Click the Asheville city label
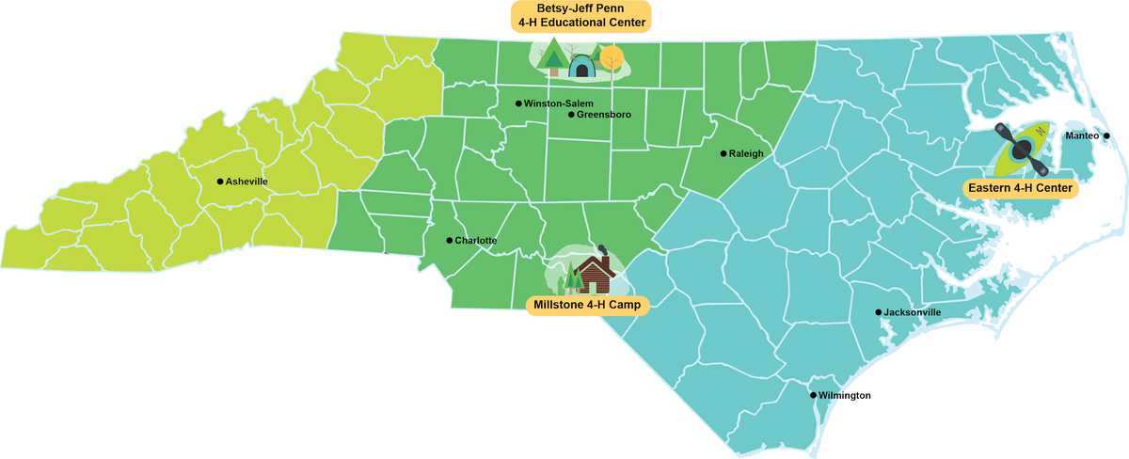(x=246, y=182)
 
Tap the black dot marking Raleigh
(x=723, y=153)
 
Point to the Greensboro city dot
(x=570, y=115)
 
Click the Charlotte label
(x=475, y=241)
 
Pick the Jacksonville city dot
(x=878, y=312)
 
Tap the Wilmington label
(x=844, y=396)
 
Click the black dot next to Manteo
(x=1106, y=136)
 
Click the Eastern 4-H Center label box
(x=1022, y=189)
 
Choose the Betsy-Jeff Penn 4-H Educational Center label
(x=580, y=16)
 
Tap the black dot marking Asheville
(x=219, y=182)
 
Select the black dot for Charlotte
(x=449, y=241)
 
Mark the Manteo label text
(x=1082, y=136)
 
